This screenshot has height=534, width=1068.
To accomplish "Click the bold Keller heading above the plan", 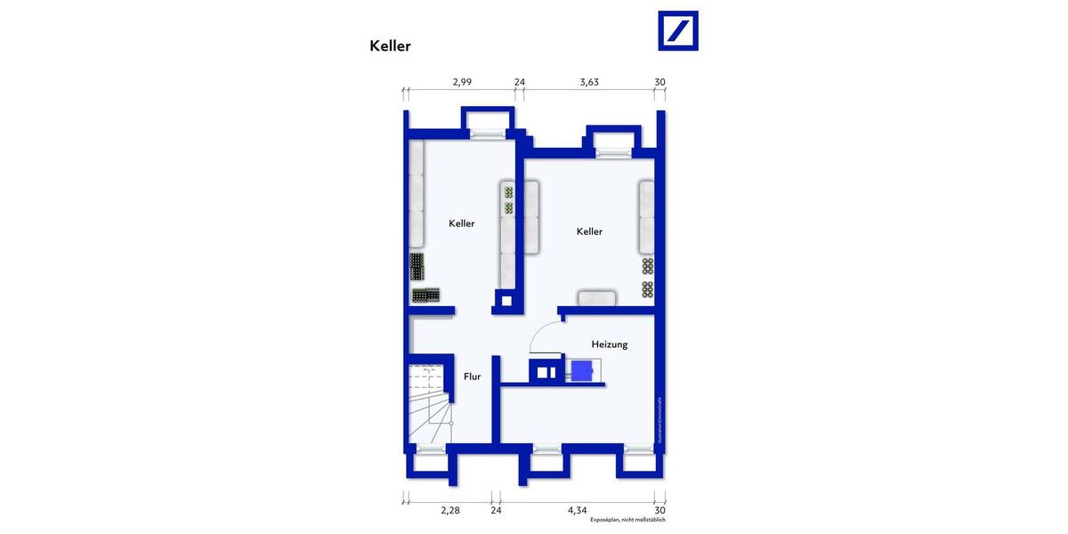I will pos(390,46).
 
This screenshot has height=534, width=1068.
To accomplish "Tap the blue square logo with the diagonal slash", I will pos(678,31).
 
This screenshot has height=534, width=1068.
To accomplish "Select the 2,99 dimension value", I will pos(461,82).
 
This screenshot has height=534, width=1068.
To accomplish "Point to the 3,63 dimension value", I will pos(589,82).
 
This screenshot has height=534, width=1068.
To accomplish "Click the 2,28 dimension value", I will pos(451,510).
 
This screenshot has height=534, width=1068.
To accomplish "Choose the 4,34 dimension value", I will pos(577,510).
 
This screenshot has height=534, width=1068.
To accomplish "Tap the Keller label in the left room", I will pos(461,223).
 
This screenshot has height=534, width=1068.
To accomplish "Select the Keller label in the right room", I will pos(589,231).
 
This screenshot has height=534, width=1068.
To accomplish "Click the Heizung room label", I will pos(610,344).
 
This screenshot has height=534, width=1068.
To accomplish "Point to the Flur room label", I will pos(472,376).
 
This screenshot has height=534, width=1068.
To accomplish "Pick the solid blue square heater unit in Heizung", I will pos(582,369).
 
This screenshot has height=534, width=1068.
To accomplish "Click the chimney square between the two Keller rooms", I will pos(506,301).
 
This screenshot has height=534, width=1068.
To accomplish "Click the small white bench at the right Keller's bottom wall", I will pos(596,298).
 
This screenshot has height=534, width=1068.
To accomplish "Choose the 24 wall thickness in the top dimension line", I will pos(520,82).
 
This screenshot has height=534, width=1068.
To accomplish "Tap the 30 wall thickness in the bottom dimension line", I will pos(659,510).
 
